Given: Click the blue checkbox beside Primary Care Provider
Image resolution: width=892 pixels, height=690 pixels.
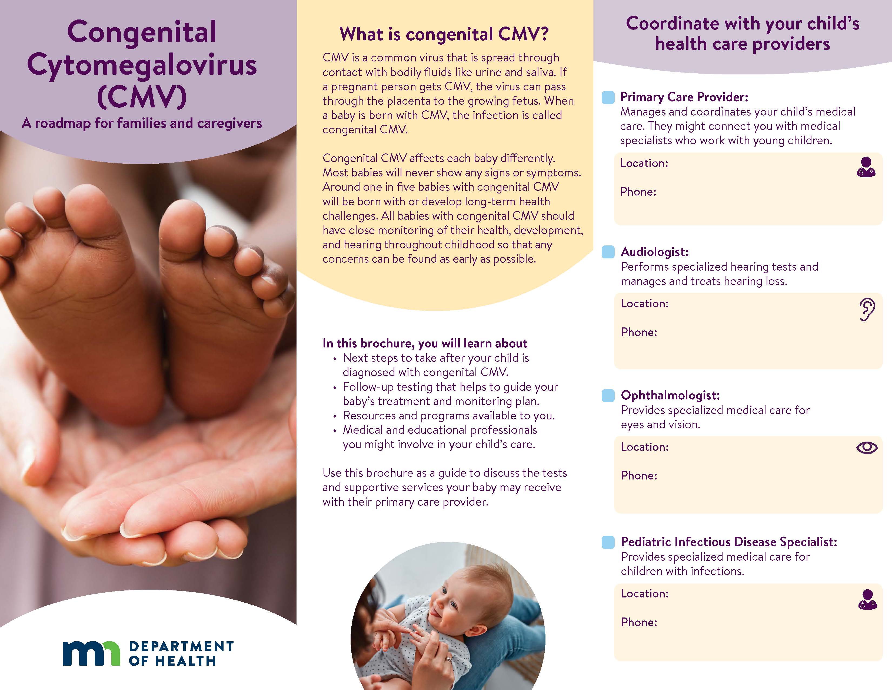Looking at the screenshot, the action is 608,97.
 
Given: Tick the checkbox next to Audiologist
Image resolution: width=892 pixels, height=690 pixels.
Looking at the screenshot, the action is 608,252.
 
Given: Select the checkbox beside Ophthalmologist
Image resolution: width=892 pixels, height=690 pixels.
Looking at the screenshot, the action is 608,395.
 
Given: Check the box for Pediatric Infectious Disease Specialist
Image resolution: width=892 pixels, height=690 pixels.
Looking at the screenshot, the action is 608,542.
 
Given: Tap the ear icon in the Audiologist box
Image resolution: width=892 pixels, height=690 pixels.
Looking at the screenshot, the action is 867,310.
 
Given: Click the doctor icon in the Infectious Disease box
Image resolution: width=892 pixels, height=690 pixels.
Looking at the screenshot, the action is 867,600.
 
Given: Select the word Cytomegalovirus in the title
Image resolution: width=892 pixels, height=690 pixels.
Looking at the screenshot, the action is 142,65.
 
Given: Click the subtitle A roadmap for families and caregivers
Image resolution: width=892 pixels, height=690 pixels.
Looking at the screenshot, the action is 142,123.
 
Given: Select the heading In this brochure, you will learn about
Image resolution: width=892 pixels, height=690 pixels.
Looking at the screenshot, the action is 425,343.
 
